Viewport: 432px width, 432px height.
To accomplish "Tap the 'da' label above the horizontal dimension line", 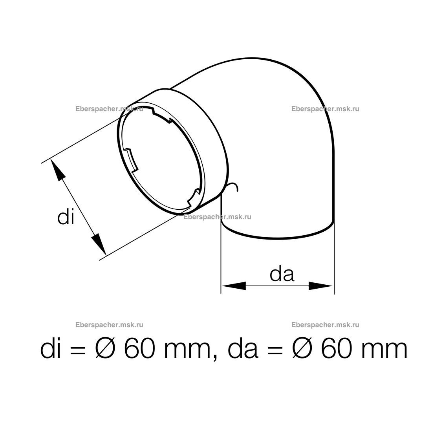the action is point(282,274).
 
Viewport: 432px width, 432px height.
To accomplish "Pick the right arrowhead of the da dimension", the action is point(320,286).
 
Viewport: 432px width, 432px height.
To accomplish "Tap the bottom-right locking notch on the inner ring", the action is point(194,197).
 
